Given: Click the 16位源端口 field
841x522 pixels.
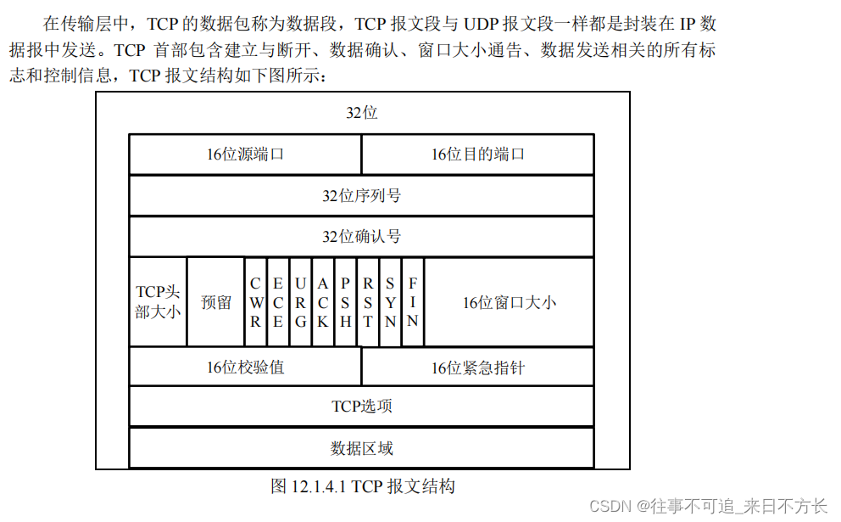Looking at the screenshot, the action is pyautogui.click(x=245, y=154).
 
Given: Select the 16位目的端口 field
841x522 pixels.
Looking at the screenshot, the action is pyautogui.click(x=477, y=154).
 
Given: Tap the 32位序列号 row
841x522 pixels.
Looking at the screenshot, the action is pyautogui.click(x=361, y=196).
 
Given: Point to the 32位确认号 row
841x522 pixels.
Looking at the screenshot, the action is pyautogui.click(x=361, y=236).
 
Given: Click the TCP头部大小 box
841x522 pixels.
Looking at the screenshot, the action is pyautogui.click(x=158, y=302).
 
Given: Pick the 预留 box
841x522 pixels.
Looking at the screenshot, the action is pyautogui.click(x=216, y=302).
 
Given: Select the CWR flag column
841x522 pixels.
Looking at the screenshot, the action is pyautogui.click(x=256, y=302).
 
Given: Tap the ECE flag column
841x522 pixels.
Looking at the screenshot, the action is pyautogui.click(x=278, y=302).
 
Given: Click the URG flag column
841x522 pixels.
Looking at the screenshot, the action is pyautogui.click(x=300, y=302).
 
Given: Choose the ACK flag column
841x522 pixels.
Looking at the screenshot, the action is pyautogui.click(x=323, y=302).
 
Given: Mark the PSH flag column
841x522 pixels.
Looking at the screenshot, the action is pyautogui.click(x=345, y=302).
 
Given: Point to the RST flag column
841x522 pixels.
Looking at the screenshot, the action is pyautogui.click(x=368, y=302).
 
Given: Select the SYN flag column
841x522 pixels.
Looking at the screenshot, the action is pyautogui.click(x=390, y=302).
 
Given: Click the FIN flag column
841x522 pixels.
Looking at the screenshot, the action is pyautogui.click(x=413, y=302).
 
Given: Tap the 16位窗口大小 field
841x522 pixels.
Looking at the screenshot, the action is pyautogui.click(x=509, y=302).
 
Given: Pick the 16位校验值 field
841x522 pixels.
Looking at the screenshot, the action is pyautogui.click(x=245, y=368).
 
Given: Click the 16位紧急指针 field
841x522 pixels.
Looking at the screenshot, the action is pyautogui.click(x=477, y=368).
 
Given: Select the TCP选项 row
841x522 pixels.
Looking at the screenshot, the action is pyautogui.click(x=361, y=407).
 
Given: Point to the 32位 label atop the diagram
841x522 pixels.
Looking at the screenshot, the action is pyautogui.click(x=362, y=113).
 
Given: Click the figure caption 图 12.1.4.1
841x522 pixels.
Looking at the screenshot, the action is pyautogui.click(x=363, y=486).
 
